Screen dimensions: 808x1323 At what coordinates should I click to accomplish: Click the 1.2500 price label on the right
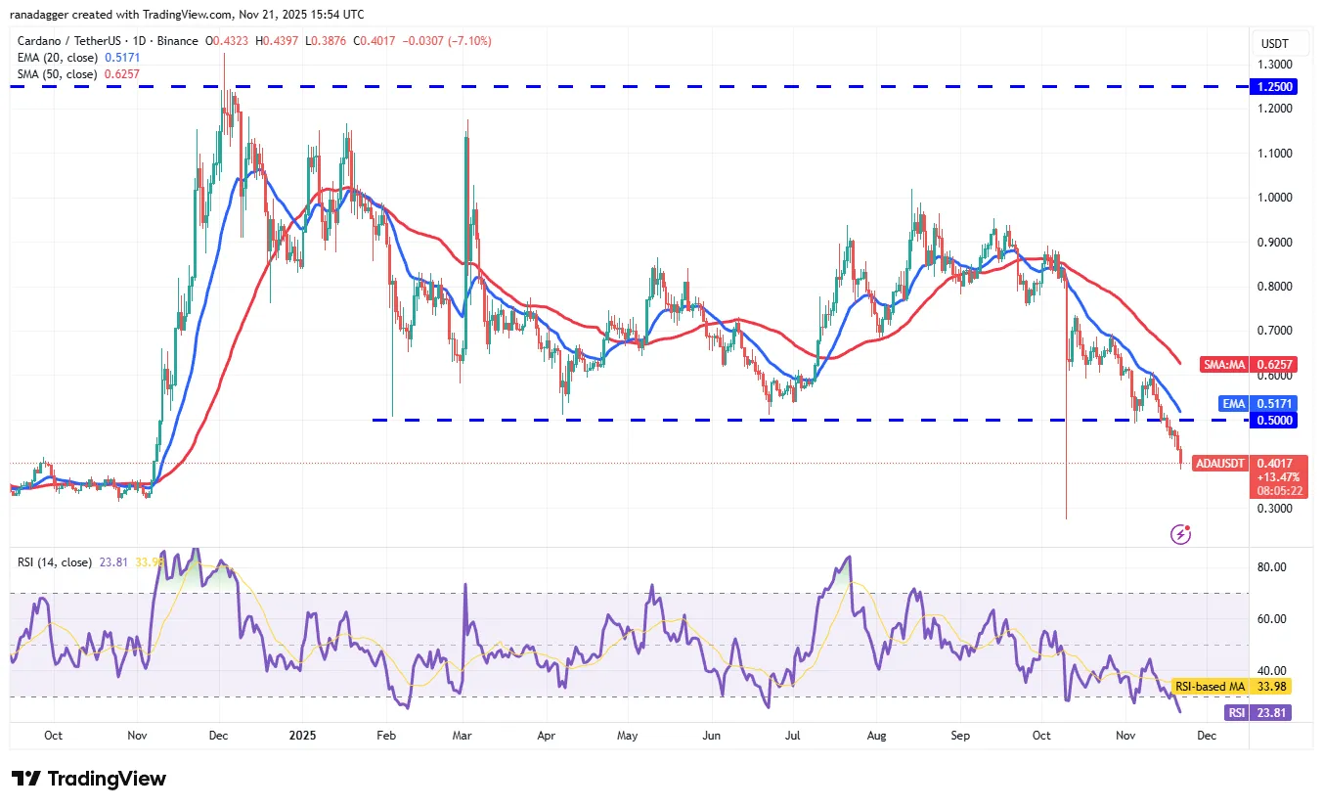(1275, 86)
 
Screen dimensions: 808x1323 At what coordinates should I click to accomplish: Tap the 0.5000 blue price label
(1275, 420)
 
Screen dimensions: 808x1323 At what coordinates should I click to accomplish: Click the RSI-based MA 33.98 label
(1230, 687)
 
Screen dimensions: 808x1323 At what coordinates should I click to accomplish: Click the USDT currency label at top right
(1274, 43)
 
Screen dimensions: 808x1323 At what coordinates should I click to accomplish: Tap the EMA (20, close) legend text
(58, 58)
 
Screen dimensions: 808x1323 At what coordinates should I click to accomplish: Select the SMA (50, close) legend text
(58, 74)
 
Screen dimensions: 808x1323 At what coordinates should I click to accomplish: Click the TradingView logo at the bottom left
(89, 779)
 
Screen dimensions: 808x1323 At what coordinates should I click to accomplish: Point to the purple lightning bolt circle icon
(1181, 534)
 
